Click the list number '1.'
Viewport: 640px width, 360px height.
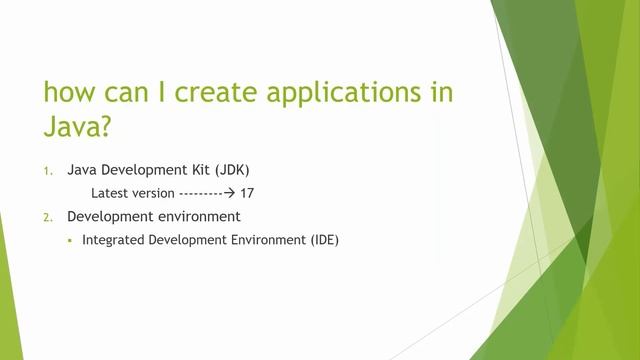48,171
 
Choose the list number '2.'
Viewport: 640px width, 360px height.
48,216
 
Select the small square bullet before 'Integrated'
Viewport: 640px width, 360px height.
71,240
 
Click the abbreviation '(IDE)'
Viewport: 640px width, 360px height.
323,240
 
